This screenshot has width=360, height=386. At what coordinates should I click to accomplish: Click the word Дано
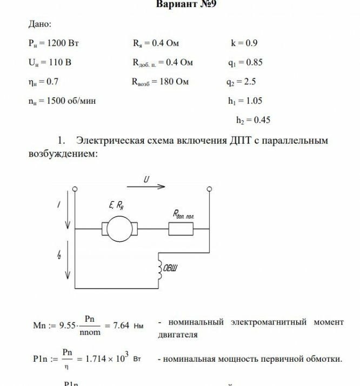coord(40,24)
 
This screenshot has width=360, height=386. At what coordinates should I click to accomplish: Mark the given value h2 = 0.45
coord(252,120)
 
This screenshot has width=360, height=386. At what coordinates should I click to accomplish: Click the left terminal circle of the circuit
coord(75,189)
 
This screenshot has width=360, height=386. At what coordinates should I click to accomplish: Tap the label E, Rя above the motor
coord(117,205)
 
